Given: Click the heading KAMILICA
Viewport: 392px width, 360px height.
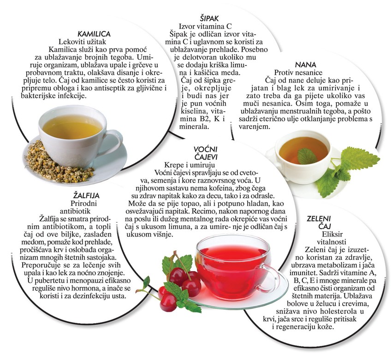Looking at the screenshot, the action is pos(94,34).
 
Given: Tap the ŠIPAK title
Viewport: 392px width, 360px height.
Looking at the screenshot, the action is pos(209,18).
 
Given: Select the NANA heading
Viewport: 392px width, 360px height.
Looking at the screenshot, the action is pos(305,65).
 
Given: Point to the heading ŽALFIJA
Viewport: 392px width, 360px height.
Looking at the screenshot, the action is pos(83,195).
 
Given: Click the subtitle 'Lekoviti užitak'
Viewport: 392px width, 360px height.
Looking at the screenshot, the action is pos(82,41).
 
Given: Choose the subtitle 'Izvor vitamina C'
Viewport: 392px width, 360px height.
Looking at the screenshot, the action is pos(205,26).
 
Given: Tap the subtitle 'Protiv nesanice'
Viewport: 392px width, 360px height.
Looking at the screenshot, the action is pos(298,73).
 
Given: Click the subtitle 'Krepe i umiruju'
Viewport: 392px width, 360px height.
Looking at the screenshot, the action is pos(190,165).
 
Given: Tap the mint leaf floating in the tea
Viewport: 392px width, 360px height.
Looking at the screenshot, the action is pos(308,156).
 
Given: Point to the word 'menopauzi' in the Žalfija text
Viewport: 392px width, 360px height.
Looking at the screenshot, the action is pos(84,281).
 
